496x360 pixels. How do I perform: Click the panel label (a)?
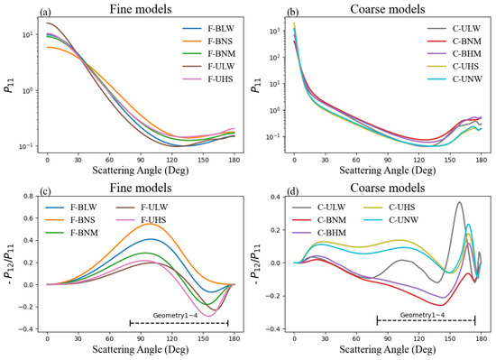[x=15, y=10]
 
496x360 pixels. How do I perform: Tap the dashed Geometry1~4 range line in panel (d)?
[x=426, y=320]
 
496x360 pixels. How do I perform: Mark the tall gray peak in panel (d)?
[x=460, y=203]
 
